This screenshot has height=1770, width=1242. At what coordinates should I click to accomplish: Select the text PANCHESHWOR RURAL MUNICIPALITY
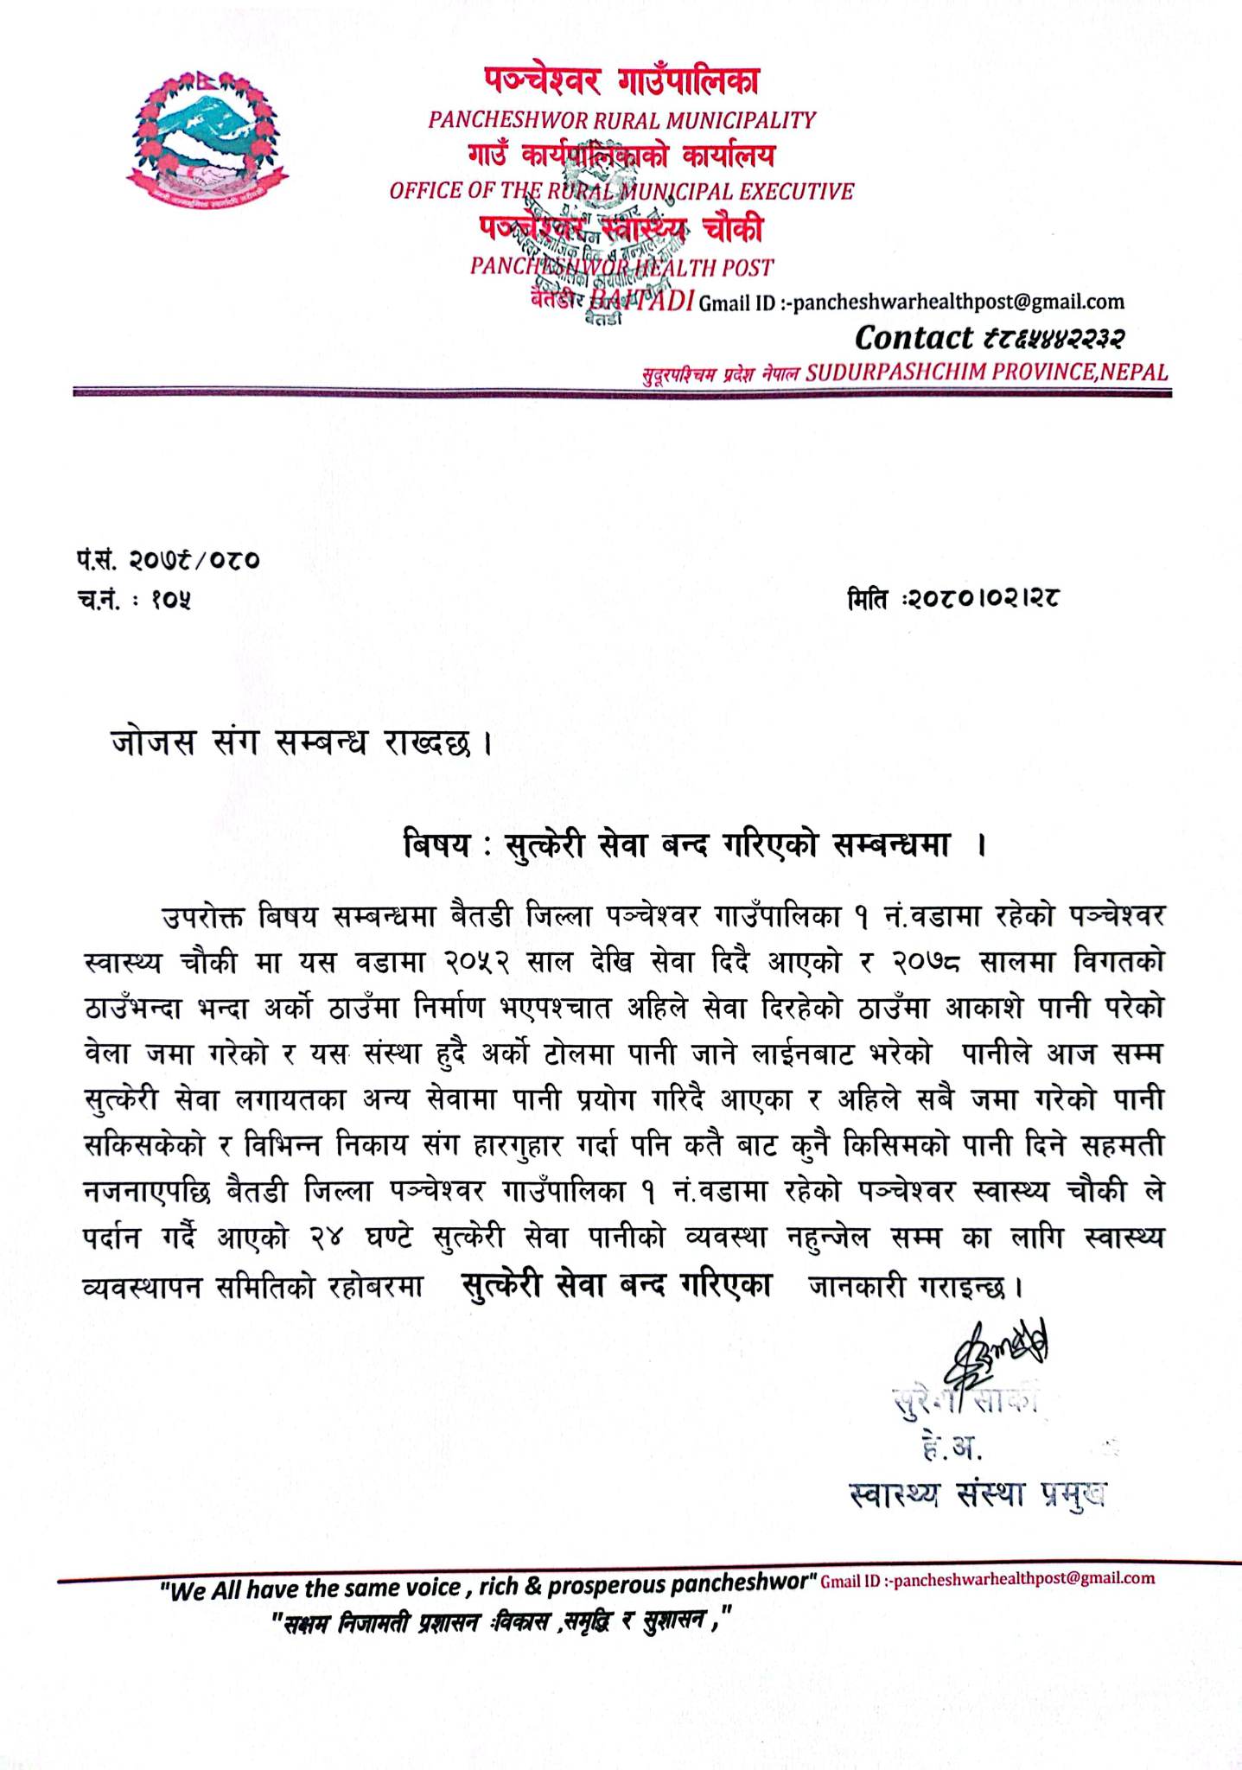tap(621, 120)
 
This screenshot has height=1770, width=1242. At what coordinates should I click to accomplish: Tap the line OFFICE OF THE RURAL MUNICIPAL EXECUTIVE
tap(621, 191)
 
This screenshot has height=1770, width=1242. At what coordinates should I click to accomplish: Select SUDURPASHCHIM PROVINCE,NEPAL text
tap(986, 372)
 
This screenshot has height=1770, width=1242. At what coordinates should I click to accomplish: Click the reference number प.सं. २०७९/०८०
tap(167, 561)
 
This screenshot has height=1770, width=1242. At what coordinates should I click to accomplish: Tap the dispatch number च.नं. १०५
tap(133, 597)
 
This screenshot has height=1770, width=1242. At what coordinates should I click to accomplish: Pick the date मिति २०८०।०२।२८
tap(953, 597)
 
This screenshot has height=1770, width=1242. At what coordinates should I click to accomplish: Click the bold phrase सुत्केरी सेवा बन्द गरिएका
tap(616, 1285)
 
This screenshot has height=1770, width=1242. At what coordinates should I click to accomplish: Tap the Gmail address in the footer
tap(986, 1579)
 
